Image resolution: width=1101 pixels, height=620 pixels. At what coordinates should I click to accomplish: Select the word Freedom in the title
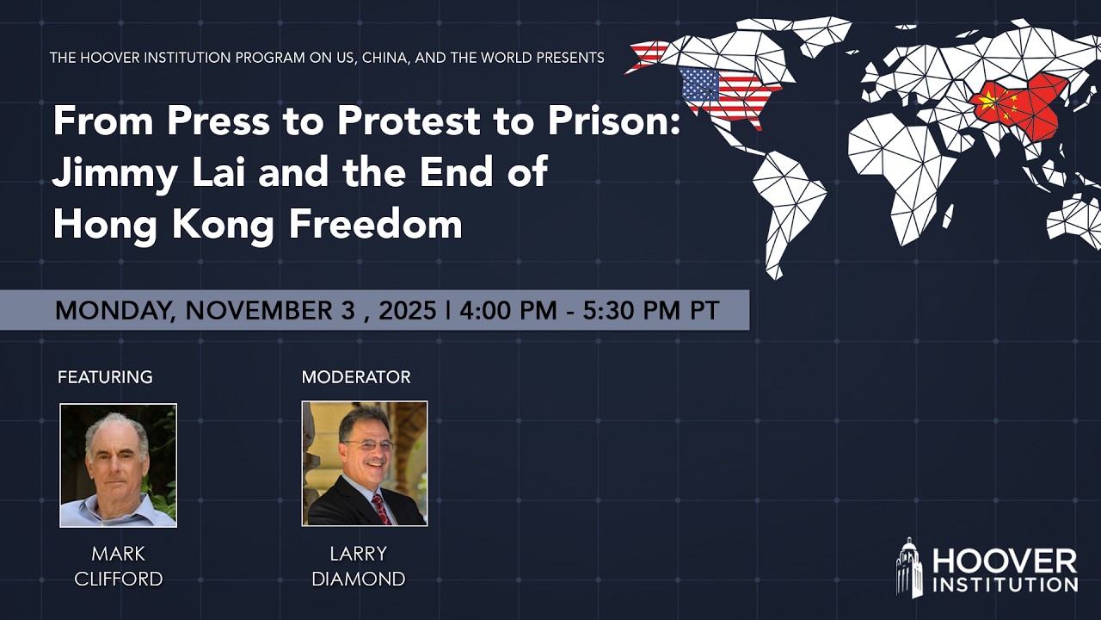coord(375,224)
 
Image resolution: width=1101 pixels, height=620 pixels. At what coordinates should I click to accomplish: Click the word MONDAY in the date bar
coord(112,310)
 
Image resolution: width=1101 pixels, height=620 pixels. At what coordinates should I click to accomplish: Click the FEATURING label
coord(105,377)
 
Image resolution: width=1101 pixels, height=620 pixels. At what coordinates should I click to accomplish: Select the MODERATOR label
coord(356,377)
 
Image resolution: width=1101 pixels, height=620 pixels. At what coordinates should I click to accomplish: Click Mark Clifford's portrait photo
coord(118,465)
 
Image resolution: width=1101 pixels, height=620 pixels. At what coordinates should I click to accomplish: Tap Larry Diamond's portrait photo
coord(364,463)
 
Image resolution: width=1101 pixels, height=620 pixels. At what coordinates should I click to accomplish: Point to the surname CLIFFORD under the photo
coord(118,579)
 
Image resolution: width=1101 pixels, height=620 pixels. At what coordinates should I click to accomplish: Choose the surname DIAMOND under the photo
coord(358,579)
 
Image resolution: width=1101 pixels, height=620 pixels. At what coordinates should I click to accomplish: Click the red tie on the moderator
coord(381,509)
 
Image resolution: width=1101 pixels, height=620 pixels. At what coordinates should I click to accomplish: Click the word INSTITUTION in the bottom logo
coord(1005,585)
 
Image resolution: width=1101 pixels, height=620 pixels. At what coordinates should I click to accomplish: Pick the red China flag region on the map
coord(1019,108)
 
